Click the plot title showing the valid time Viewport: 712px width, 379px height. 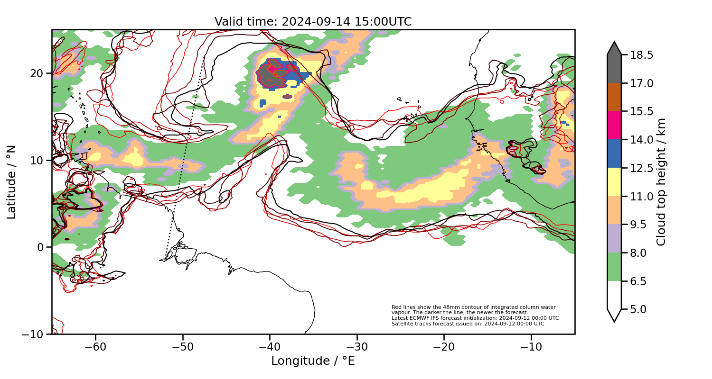click(x=313, y=22)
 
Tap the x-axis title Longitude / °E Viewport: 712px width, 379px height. click(x=313, y=361)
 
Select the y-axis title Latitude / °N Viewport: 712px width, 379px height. click(x=11, y=182)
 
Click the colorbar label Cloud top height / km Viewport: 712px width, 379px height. click(x=661, y=182)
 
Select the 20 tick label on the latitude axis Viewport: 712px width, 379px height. click(x=37, y=73)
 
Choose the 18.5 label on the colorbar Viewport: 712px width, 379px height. click(x=641, y=55)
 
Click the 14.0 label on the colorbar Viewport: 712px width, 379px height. click(x=641, y=140)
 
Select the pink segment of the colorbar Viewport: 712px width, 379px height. click(x=614, y=125)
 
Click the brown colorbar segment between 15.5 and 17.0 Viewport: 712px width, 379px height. click(x=614, y=97)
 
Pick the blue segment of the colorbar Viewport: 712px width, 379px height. click(x=614, y=153)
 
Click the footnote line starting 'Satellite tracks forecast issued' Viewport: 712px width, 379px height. click(x=468, y=324)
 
